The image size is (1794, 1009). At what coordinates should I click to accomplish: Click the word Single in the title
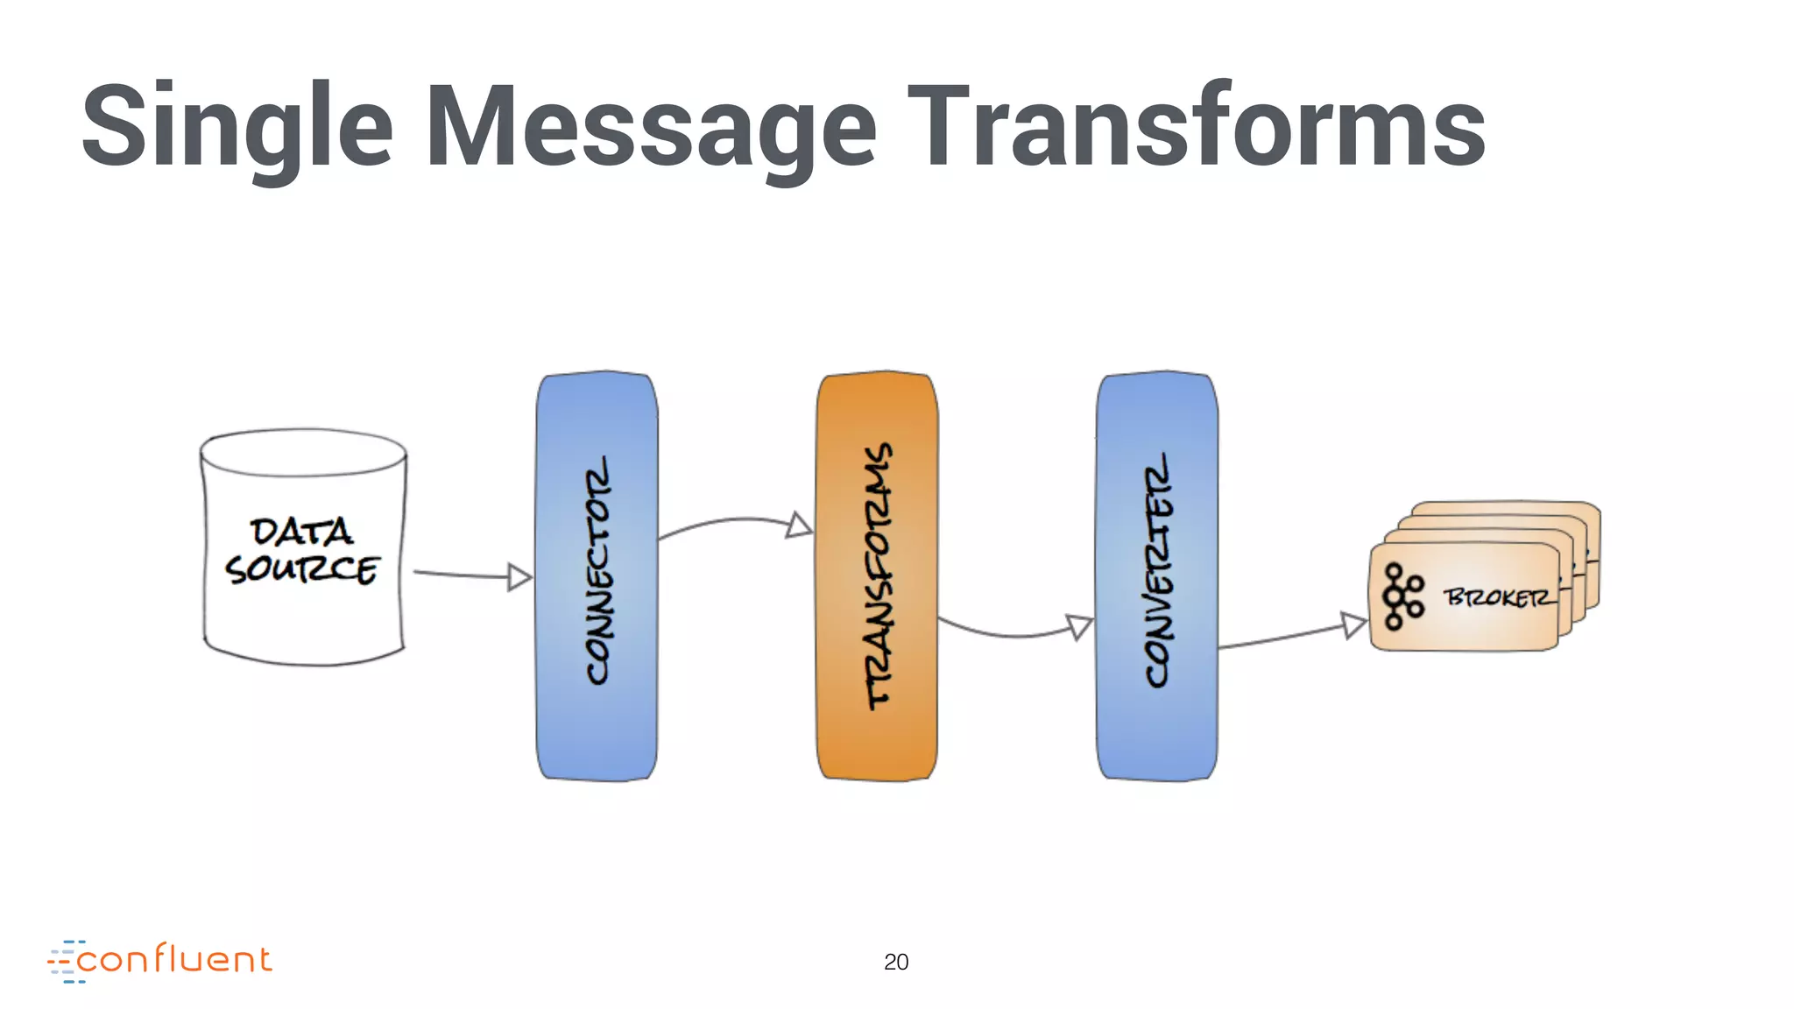(x=237, y=127)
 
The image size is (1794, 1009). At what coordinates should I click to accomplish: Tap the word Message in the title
(x=650, y=127)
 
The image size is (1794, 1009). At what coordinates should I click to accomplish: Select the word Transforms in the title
(x=1196, y=127)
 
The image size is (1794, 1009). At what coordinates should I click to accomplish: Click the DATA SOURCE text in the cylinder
(x=302, y=550)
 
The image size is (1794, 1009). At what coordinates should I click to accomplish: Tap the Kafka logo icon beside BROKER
(x=1402, y=597)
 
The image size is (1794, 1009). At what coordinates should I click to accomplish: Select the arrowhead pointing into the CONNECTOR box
(x=519, y=577)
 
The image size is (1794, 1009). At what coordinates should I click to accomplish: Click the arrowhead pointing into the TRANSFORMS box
(x=799, y=526)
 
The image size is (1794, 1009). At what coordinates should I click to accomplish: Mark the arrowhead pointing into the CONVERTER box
(x=1079, y=626)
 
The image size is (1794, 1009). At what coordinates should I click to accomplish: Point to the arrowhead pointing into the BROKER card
(x=1354, y=624)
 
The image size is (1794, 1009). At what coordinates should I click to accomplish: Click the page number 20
(x=896, y=962)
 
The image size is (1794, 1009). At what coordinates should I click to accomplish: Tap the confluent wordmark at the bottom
(x=174, y=960)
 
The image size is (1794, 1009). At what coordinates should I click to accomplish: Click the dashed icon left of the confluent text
(x=64, y=962)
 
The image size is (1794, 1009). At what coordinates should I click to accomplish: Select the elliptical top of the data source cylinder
(x=303, y=452)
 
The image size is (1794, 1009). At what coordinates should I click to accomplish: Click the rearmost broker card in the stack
(x=1507, y=508)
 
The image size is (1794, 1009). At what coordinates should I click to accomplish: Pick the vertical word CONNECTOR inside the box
(x=599, y=570)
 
